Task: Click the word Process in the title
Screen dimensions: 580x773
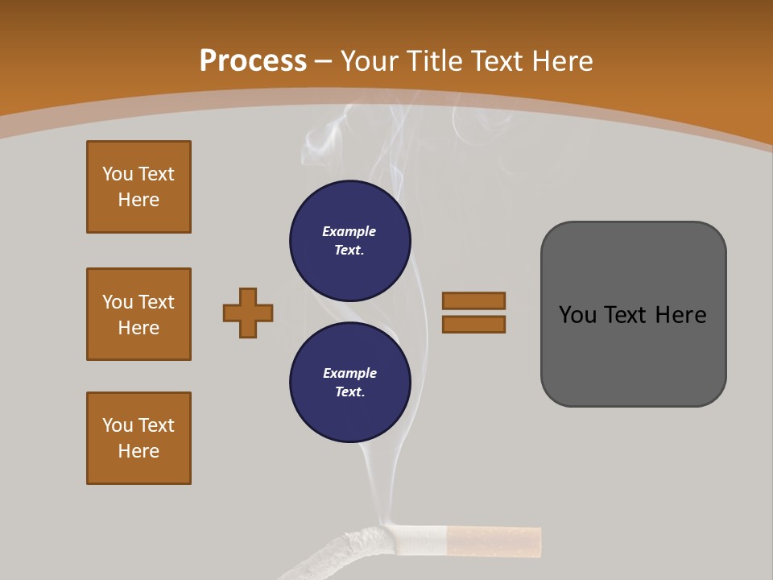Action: (x=253, y=60)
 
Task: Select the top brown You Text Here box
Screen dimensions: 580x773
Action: (x=138, y=187)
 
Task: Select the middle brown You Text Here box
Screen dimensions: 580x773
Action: (x=138, y=314)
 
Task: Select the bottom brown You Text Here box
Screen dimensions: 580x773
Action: (x=138, y=438)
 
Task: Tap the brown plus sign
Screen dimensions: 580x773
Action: (x=248, y=313)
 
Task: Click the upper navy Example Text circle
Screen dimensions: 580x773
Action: (x=350, y=241)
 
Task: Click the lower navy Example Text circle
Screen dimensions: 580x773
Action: (x=350, y=383)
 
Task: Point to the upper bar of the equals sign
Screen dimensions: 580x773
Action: (x=474, y=300)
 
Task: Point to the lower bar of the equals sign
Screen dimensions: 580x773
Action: (x=474, y=324)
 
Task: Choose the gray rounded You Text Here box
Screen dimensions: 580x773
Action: (x=633, y=314)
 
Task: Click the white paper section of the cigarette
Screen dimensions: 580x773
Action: (x=419, y=539)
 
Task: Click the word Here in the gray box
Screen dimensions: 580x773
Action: (x=680, y=314)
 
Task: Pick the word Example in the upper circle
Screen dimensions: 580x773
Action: (x=349, y=231)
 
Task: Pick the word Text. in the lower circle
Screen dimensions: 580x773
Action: (x=349, y=392)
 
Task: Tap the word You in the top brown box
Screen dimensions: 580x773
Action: (x=118, y=174)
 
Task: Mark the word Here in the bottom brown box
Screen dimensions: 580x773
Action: (x=138, y=451)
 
